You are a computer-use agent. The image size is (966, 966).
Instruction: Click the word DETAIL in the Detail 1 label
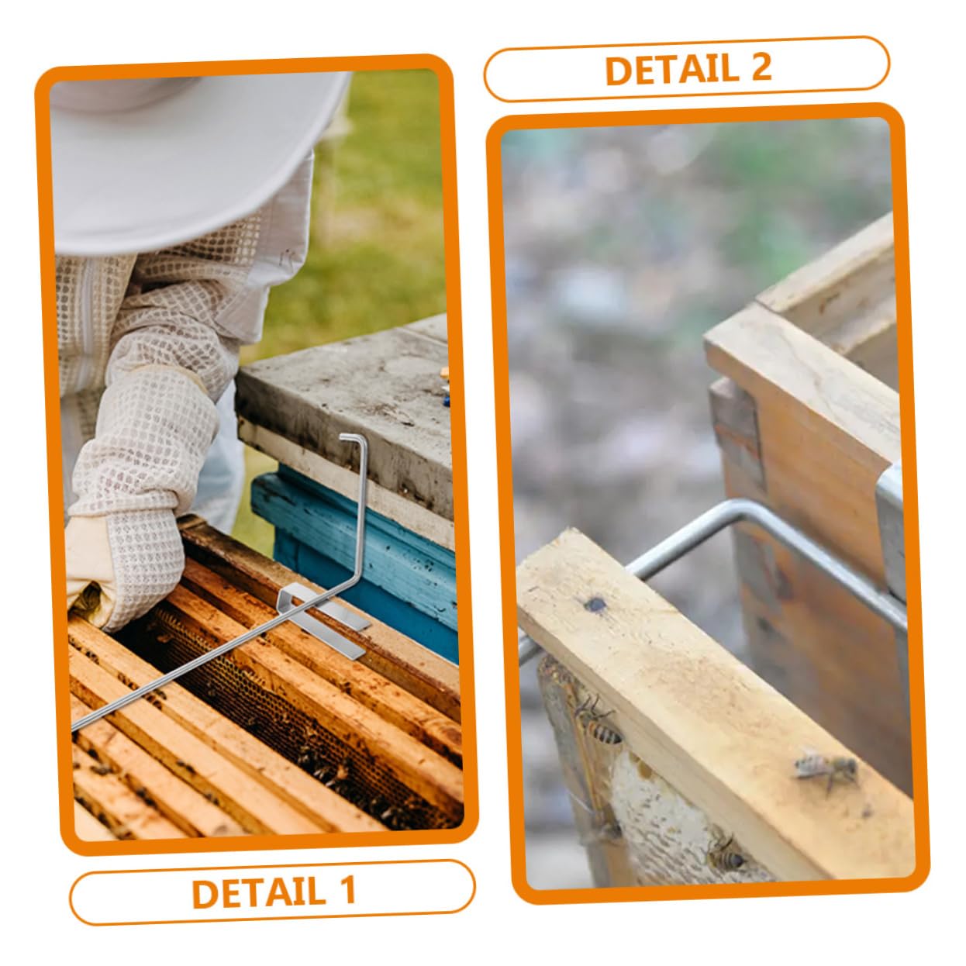click(x=258, y=892)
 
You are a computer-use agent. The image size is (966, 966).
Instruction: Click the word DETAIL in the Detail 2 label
click(x=671, y=70)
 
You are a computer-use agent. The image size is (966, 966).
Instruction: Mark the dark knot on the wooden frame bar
click(x=595, y=604)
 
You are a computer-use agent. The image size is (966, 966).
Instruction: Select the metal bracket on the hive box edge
click(x=892, y=531)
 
